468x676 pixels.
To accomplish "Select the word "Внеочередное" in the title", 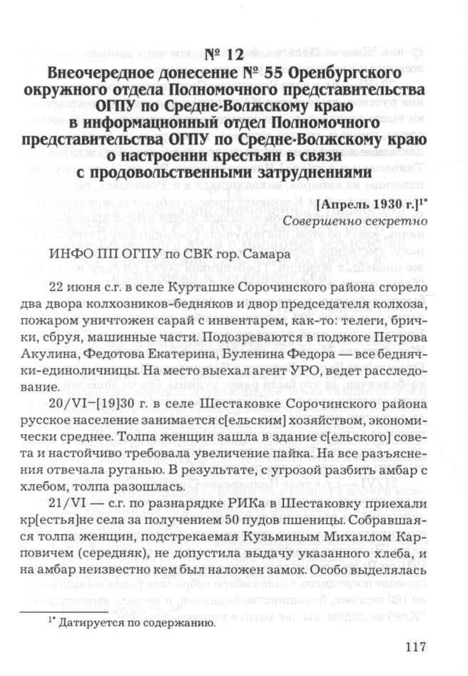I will click(x=107, y=73).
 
